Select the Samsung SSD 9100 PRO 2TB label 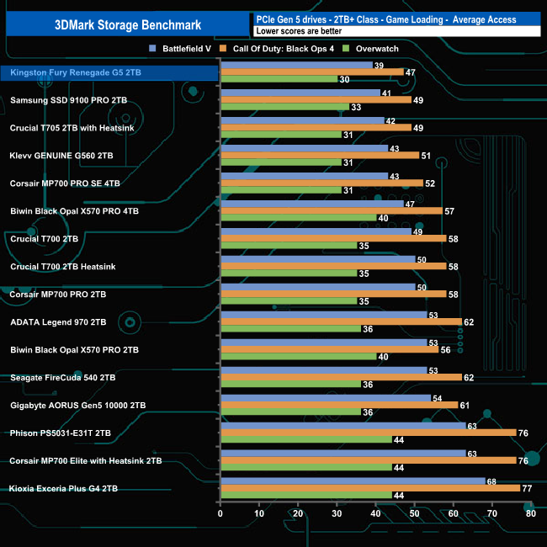pos(69,100)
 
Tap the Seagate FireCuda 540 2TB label pos(63,377)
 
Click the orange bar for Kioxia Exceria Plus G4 pos(369,487)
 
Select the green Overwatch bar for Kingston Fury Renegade pos(279,80)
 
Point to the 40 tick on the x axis pos(375,512)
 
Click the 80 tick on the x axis pos(530,512)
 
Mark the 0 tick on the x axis pos(220,512)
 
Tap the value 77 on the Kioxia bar pos(528,487)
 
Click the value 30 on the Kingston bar pos(345,80)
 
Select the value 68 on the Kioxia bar pos(492,481)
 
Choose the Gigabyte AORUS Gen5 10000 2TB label pos(78,405)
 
